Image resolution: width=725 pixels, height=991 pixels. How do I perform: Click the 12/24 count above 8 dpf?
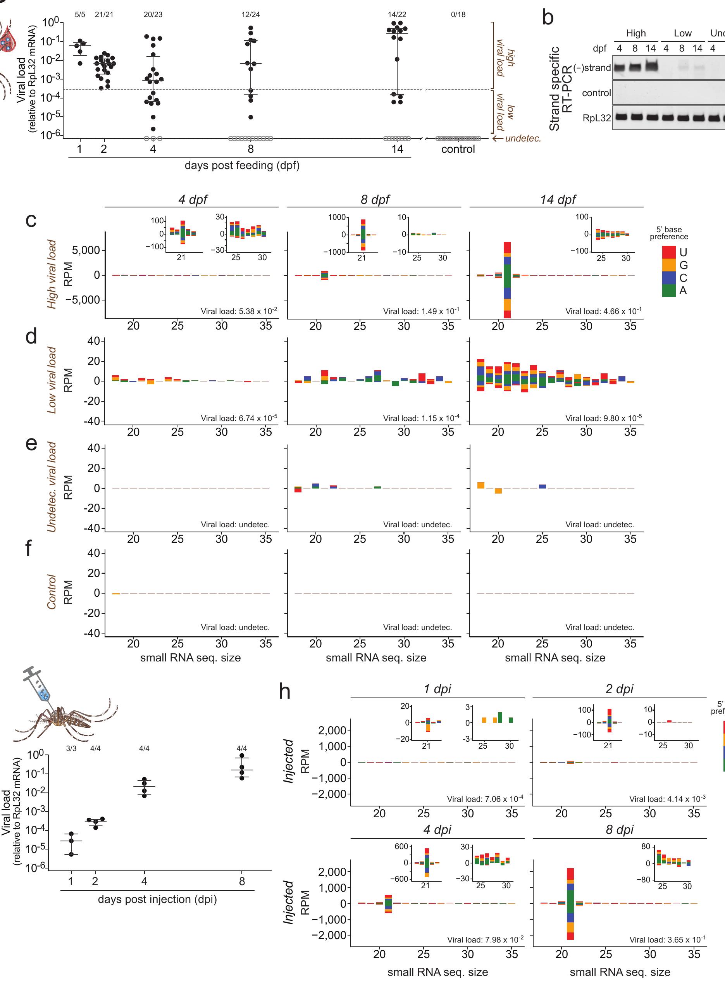(250, 14)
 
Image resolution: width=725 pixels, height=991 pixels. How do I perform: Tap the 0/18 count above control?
(458, 14)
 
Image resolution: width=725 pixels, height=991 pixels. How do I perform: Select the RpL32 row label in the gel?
(596, 118)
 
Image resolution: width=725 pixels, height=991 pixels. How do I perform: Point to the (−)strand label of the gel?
(592, 67)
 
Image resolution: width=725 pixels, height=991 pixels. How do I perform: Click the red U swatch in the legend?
(668, 252)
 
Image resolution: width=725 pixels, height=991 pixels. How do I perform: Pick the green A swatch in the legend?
(668, 290)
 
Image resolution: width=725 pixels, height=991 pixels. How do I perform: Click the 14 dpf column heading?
(557, 199)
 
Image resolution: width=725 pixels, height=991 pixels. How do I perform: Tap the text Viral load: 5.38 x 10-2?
(239, 311)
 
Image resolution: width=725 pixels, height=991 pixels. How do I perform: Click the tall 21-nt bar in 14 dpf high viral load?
(507, 280)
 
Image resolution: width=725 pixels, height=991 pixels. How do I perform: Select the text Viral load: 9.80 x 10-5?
(603, 418)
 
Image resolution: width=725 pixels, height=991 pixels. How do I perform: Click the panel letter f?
(29, 548)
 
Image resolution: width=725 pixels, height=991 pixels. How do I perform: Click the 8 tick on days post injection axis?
(241, 881)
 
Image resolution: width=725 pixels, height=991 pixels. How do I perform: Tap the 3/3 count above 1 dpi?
(71, 748)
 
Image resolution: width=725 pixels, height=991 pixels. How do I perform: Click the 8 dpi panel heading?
(619, 829)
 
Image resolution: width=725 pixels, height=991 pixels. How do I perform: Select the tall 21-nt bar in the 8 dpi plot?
(570, 903)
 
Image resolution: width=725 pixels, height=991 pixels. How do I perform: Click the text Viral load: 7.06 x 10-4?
(485, 799)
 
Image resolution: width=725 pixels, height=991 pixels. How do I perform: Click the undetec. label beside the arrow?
(523, 138)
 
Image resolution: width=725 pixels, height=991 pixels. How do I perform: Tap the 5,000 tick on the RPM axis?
(86, 250)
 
